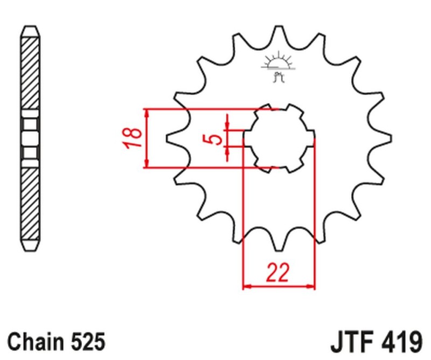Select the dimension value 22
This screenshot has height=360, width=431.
(x=278, y=273)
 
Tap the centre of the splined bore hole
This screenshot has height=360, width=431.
(x=279, y=138)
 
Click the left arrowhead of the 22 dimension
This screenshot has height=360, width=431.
(x=247, y=286)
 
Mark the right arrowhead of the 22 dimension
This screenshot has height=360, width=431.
(x=311, y=286)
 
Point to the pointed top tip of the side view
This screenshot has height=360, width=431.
(x=30, y=27)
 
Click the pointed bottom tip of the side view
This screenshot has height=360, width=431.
(x=30, y=250)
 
